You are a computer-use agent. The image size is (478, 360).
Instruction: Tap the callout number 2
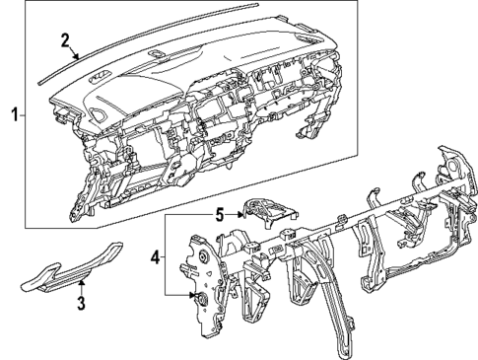point(64,40)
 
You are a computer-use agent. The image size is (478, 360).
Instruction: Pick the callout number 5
point(221,210)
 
